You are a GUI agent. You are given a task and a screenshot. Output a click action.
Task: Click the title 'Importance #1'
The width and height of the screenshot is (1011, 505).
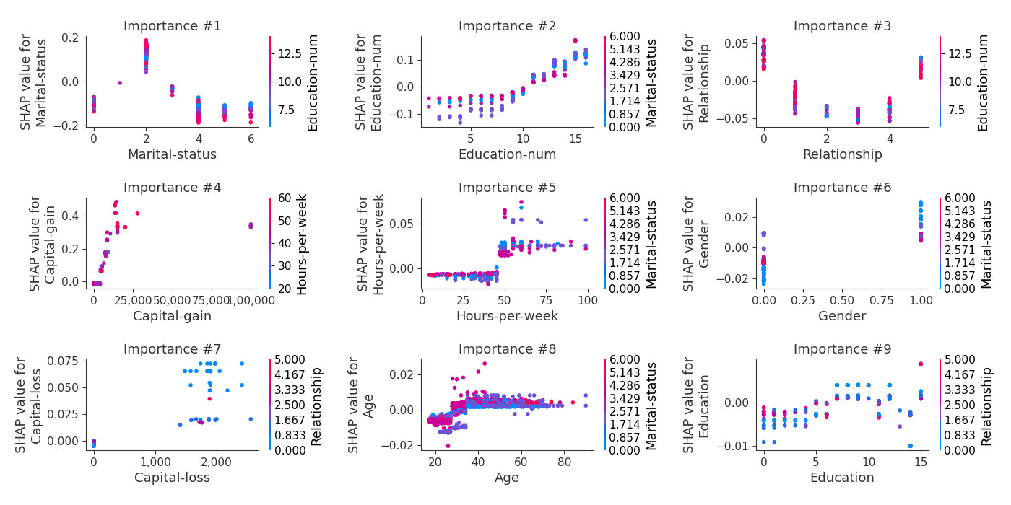(x=172, y=27)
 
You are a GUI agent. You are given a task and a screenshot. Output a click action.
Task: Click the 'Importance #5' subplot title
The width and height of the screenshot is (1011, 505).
(x=507, y=188)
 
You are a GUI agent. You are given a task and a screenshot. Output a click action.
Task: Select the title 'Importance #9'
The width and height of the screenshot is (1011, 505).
(x=842, y=350)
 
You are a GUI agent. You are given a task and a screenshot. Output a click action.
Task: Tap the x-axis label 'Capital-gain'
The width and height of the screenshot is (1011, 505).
(x=172, y=316)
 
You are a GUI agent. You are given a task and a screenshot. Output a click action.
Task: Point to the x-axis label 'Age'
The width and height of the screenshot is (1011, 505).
(x=507, y=478)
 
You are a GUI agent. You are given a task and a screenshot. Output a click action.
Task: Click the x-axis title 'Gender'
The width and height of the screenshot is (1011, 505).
(x=842, y=316)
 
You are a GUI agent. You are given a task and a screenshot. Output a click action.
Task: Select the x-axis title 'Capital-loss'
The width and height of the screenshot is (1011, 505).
(x=172, y=478)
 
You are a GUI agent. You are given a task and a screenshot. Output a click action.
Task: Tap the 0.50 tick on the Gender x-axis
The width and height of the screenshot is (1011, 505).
(x=842, y=299)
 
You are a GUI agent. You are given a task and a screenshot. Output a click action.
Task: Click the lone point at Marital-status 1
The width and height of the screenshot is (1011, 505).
(x=120, y=83)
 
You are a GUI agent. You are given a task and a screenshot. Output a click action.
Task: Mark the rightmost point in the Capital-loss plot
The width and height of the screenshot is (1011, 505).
(x=251, y=418)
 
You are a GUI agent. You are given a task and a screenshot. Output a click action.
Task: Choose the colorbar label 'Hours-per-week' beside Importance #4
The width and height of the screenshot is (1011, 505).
(x=301, y=244)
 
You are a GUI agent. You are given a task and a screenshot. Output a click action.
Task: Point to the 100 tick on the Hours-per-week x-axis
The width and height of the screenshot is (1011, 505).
(x=587, y=299)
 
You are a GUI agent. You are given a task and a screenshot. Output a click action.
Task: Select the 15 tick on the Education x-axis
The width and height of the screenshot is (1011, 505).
(x=921, y=461)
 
